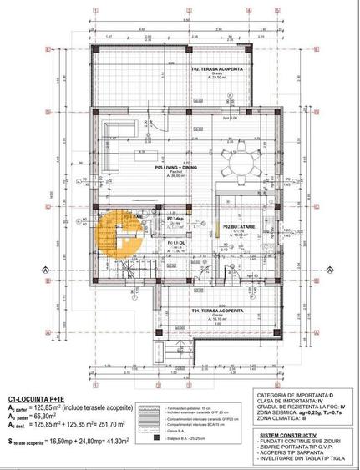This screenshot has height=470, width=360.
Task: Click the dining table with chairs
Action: [x=236, y=154]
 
